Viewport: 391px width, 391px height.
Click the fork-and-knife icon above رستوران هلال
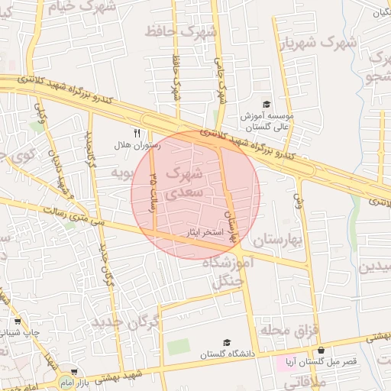(137, 132)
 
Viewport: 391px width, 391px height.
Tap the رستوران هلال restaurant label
(134, 144)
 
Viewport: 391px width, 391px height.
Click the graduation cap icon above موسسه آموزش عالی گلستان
(266, 105)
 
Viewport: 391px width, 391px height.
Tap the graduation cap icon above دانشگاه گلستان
(226, 342)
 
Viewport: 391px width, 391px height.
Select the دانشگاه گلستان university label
(226, 354)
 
